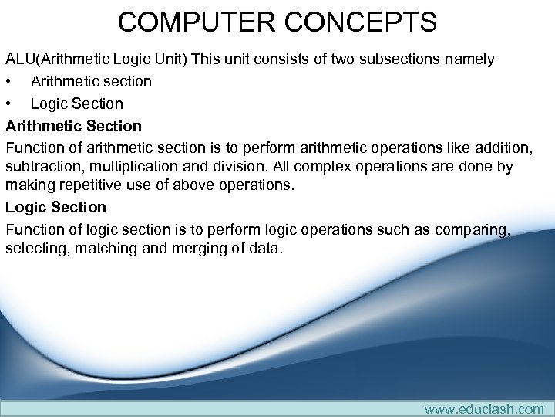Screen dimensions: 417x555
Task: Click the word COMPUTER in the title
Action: (x=195, y=22)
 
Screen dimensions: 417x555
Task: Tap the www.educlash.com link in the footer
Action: (x=483, y=409)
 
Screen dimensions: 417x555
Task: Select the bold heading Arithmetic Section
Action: (x=74, y=125)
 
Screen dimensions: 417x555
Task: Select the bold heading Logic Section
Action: (x=55, y=207)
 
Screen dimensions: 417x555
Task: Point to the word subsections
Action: (x=409, y=59)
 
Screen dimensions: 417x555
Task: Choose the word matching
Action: (x=99, y=249)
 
